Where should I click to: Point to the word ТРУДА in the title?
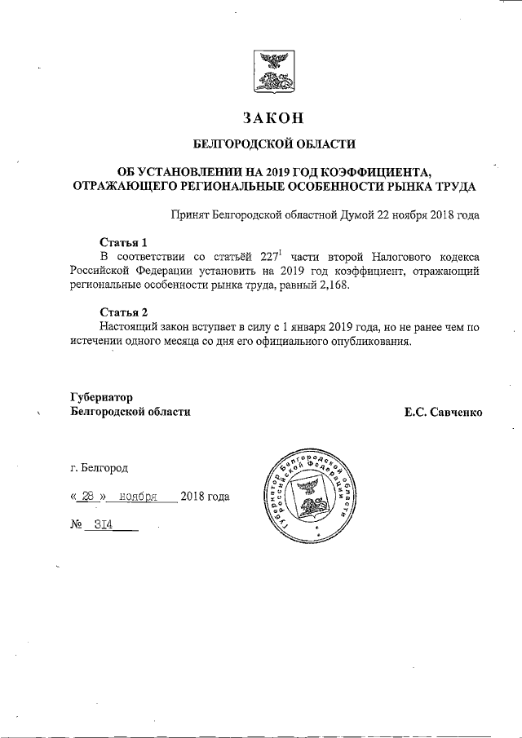pyautogui.click(x=455, y=186)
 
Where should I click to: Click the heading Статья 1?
pyautogui.click(x=123, y=242)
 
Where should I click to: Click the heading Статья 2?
pyautogui.click(x=123, y=312)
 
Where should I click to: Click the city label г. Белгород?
pyautogui.click(x=99, y=467)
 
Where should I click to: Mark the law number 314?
pyautogui.click(x=103, y=525)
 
